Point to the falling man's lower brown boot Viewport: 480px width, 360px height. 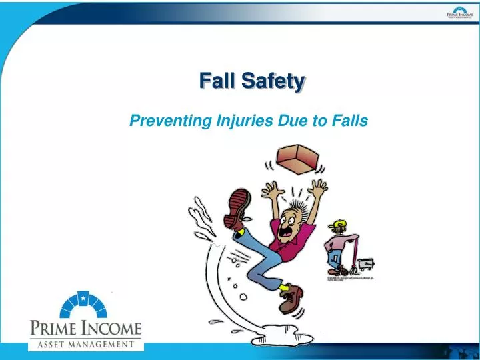(291, 299)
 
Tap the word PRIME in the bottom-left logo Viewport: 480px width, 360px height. (54, 329)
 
